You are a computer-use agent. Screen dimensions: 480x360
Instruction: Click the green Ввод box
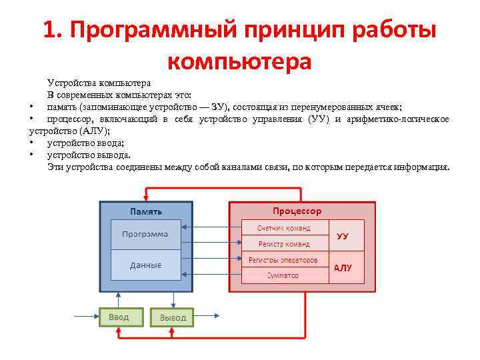coord(121,316)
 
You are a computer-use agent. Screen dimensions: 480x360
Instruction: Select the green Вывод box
coord(172,317)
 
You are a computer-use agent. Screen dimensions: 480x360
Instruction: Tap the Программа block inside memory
coord(145,235)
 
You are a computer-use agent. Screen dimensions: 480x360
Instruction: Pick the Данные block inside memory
coord(145,265)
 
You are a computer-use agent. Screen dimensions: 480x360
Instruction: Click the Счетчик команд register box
coord(284,227)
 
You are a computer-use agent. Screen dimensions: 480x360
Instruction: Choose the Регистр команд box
coord(284,243)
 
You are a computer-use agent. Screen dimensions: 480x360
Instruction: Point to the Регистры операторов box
coord(284,259)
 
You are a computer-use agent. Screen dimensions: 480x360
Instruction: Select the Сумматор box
coord(284,275)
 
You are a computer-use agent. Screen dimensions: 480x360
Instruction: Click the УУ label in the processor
coord(343,235)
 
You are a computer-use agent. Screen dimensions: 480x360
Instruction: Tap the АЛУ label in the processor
coord(343,267)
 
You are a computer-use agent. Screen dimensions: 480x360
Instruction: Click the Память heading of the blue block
coord(145,211)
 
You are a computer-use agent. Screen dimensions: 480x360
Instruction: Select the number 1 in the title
coord(49,31)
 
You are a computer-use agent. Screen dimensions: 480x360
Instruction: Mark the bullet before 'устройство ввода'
coord(31,143)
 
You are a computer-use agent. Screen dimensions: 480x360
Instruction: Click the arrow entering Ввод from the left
coord(87,316)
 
